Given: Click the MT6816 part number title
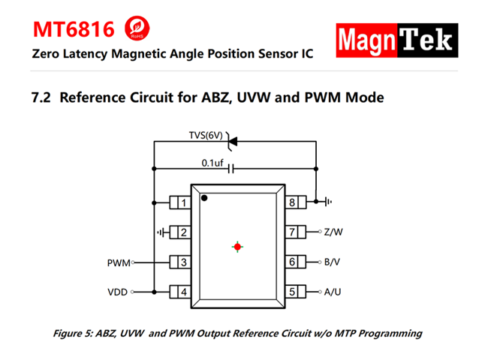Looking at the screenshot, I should pos(74,30).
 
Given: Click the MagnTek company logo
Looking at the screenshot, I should pos(396,40).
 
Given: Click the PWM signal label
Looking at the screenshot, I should pos(119,263).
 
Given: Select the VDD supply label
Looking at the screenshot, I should pos(117,292).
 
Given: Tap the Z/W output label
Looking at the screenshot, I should pos(334,232).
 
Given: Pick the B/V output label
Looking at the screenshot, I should pos(333,262).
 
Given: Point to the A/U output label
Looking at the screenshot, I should pos(333,292).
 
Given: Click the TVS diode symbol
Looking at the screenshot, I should pos(232,140).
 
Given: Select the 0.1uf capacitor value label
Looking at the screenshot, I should pos(212,163).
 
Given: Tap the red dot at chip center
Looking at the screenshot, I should pos(237,246).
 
